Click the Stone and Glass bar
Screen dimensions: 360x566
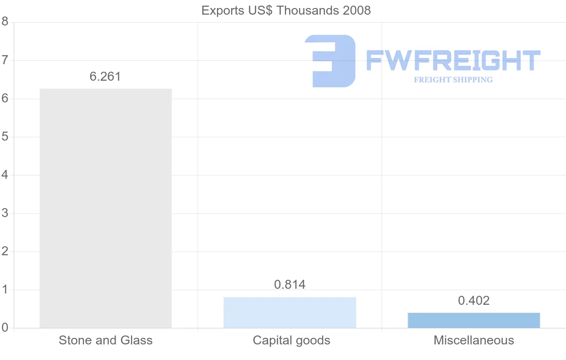tap(106, 208)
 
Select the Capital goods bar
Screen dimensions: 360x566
tap(290, 312)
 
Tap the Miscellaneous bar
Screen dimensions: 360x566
tap(474, 320)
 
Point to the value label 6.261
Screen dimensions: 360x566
tap(106, 76)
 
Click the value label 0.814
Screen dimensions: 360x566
tap(290, 285)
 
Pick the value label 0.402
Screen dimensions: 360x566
tap(474, 301)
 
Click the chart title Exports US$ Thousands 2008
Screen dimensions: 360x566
tap(286, 10)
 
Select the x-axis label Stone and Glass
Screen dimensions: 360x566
tap(106, 340)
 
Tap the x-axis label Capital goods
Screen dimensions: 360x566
tap(291, 340)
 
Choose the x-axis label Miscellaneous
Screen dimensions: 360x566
tap(474, 340)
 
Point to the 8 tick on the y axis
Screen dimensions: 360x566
tap(5, 22)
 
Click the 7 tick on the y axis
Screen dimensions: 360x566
tap(5, 60)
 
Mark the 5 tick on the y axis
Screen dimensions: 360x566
tap(5, 137)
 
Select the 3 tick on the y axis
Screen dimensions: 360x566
tap(5, 213)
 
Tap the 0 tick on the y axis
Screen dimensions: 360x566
tap(5, 327)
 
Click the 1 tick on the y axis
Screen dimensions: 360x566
tap(5, 290)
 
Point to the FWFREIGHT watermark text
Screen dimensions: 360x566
tap(453, 61)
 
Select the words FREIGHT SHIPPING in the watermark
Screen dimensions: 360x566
tap(453, 80)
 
